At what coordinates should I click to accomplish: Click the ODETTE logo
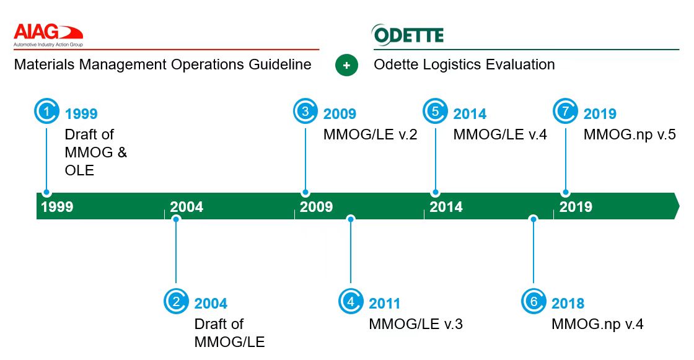click(408, 35)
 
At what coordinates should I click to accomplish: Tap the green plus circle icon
click(346, 65)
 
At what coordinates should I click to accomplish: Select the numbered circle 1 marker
click(46, 112)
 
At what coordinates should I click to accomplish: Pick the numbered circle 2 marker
click(176, 302)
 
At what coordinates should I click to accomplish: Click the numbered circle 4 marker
click(351, 302)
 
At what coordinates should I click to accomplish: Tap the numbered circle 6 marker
click(534, 302)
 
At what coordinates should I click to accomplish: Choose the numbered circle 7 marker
click(565, 112)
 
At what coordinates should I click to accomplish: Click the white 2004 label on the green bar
click(187, 207)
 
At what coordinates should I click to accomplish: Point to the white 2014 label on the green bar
click(446, 207)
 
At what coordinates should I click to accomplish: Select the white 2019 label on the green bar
click(576, 207)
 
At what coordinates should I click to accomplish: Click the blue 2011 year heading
click(385, 304)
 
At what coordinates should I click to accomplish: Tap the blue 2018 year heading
click(568, 304)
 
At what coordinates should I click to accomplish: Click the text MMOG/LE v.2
click(370, 134)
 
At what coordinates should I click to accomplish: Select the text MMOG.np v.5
click(630, 134)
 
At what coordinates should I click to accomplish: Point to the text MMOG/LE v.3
click(416, 324)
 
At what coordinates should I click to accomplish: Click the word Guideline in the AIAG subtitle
click(279, 64)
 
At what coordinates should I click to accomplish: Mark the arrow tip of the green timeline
click(678, 206)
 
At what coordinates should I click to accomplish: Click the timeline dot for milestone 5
click(436, 193)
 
